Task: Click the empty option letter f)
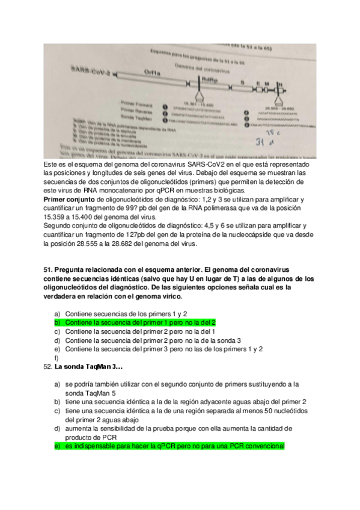coord(56,358)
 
